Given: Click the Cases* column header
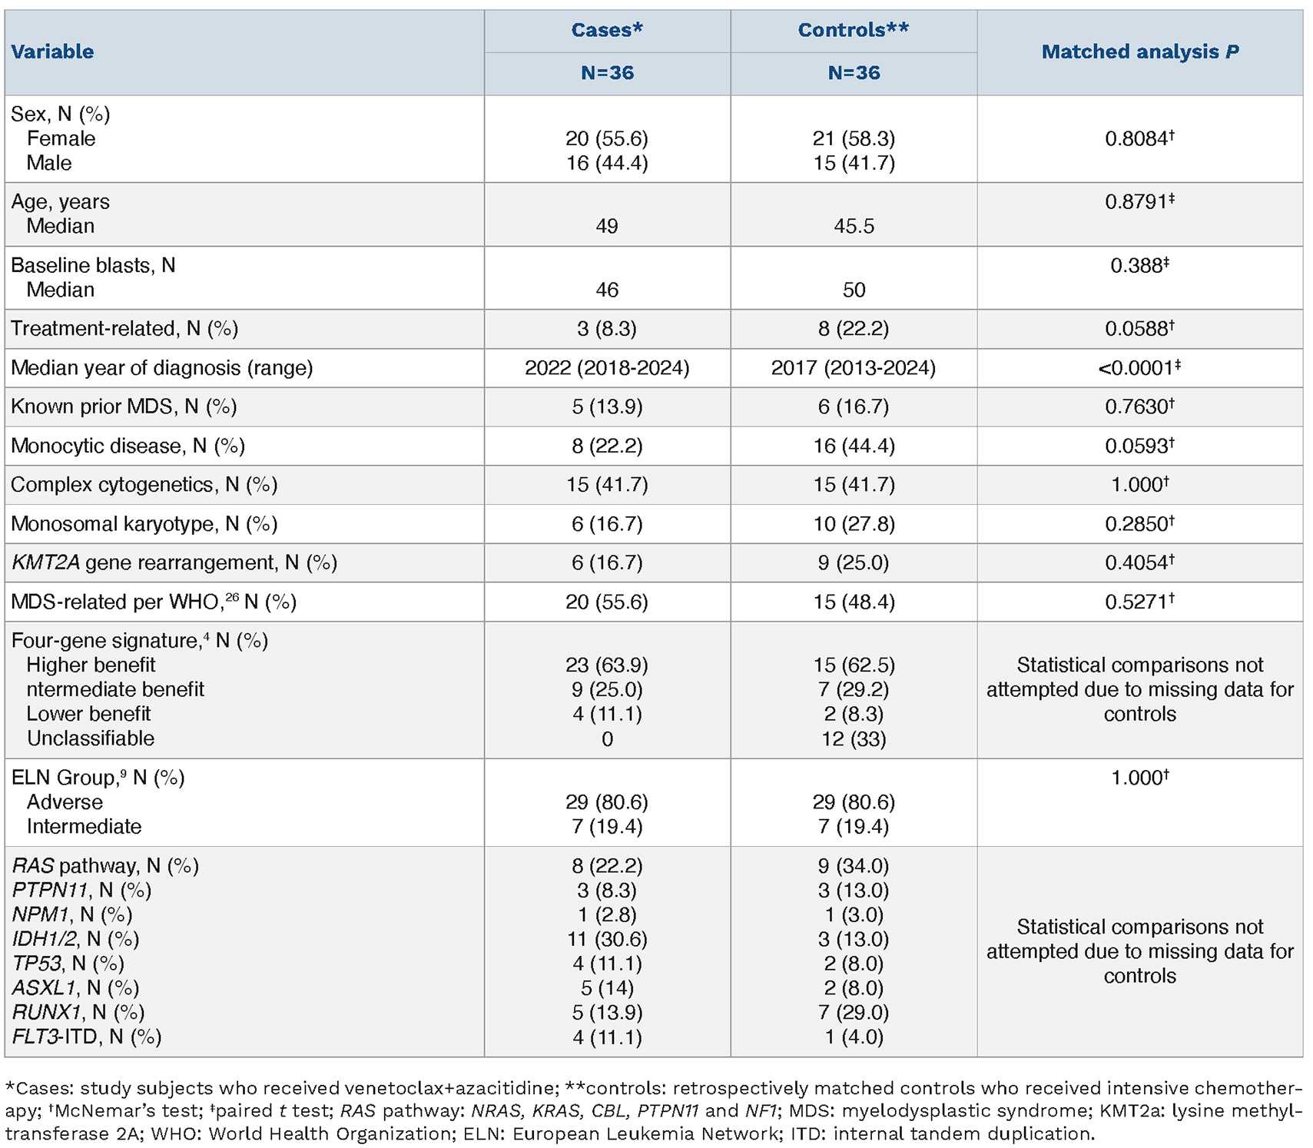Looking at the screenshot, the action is point(607,30).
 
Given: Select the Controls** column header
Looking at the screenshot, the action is point(854,30).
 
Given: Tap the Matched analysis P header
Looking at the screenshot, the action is point(1140,51).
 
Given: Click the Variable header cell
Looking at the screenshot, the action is point(52,51).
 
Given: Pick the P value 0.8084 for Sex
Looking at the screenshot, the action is point(1140,138).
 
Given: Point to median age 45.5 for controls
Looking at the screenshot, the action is point(854,226).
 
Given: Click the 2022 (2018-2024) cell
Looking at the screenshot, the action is point(607,368).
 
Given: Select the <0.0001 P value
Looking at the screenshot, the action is point(1140,368).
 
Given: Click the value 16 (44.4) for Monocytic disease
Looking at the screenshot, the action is point(854,446).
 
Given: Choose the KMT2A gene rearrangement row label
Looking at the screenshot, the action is point(174,562).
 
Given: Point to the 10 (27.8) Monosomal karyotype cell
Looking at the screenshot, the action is point(854,523).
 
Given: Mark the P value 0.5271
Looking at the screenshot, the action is point(1140,602).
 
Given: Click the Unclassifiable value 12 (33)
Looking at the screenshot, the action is point(854,738).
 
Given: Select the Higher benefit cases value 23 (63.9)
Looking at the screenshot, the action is point(607,665).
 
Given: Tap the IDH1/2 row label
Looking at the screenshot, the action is point(75,939).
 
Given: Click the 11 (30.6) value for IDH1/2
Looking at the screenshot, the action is point(607,939).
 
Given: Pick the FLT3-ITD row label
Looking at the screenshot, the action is point(87,1037).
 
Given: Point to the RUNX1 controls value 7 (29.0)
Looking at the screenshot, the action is point(854,1012).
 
